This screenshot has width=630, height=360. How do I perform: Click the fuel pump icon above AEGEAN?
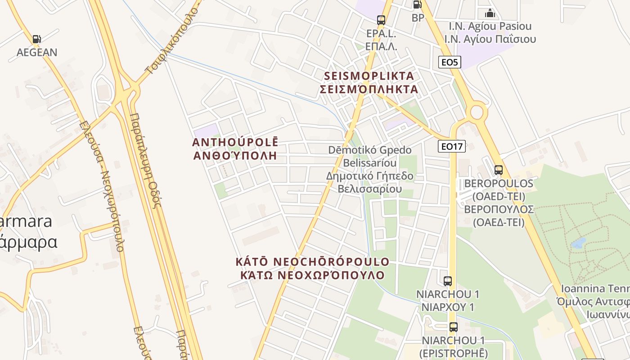coord(37,39)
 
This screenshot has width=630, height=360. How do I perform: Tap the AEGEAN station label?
coord(37,52)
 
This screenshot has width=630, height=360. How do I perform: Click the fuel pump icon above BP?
coord(418,5)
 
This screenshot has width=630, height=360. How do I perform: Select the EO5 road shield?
coord(449,62)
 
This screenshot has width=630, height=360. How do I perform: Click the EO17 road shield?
coord(452,146)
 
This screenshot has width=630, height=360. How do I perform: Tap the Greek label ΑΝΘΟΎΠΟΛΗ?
coord(234,156)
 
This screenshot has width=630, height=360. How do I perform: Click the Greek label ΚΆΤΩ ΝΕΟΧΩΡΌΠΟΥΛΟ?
coord(312,275)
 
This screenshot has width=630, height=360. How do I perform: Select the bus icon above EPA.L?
coord(381,20)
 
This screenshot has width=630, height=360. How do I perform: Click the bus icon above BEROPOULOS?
coord(499,170)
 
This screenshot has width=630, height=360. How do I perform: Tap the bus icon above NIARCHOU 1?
coord(447,281)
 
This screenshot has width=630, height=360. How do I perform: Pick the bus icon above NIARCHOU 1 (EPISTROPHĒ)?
coord(453,327)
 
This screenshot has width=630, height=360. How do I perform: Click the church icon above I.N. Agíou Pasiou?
coord(490,13)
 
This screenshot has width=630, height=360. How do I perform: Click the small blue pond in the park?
coord(578,243)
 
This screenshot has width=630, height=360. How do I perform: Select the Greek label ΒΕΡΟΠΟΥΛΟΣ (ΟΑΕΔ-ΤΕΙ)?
coord(499,216)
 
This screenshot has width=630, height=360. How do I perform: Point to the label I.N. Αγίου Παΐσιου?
coord(490,39)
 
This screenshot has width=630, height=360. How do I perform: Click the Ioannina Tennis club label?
coord(595,288)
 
